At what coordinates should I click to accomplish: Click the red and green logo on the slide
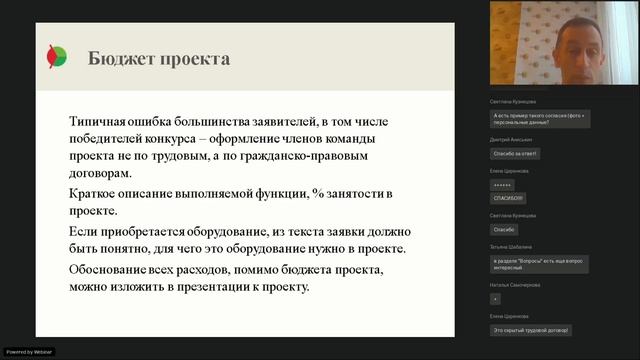pyautogui.click(x=57, y=58)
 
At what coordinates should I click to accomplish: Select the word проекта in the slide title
pyautogui.click(x=195, y=58)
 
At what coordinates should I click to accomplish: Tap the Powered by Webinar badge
pyautogui.click(x=29, y=351)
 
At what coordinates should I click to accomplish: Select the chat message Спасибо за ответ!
pyautogui.click(x=515, y=153)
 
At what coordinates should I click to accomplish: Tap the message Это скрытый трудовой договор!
pyautogui.click(x=531, y=329)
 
